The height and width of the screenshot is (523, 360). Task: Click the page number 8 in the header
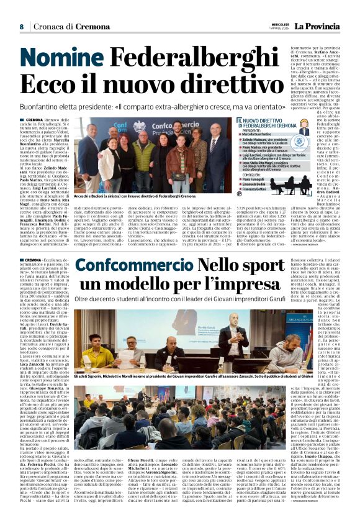point(21,27)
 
